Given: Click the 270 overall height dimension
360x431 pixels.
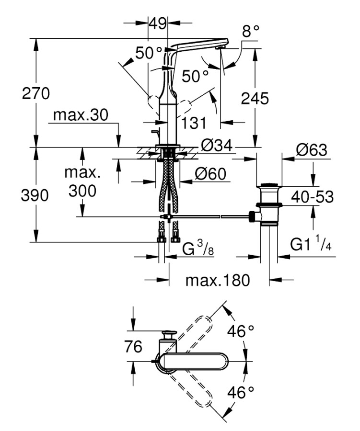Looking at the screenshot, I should point(36,93).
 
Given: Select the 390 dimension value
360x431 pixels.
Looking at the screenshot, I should point(36,195).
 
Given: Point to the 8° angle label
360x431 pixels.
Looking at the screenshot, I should point(250,32).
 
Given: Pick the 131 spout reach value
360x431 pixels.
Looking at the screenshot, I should point(193,123).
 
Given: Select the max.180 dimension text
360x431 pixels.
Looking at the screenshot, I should point(218,280).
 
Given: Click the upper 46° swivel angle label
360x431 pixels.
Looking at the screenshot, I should point(240,331).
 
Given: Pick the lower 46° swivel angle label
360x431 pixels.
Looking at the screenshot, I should point(240,393).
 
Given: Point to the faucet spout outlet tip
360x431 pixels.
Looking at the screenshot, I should point(221,48).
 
